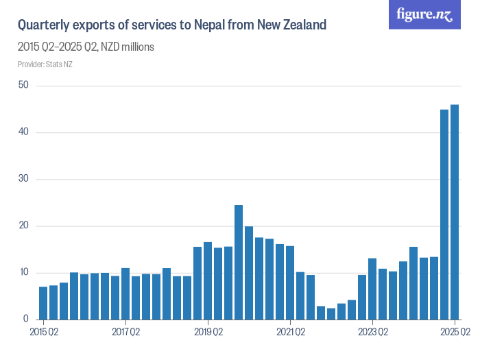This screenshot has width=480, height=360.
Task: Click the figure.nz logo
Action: coord(425,14)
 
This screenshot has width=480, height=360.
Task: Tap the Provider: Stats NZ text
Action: coord(45,64)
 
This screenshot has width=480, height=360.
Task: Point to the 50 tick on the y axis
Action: coord(23,85)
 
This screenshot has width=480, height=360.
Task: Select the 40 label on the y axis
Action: coord(23,132)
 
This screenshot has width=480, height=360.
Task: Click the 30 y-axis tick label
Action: coord(23,179)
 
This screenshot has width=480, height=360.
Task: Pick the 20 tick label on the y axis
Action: coord(23,226)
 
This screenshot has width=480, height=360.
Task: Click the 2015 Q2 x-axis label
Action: coord(43,333)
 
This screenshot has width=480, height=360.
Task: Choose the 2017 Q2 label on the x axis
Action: coord(125,333)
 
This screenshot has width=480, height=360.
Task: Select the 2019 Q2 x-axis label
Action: coord(208,333)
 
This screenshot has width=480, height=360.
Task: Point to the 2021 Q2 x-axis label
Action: coord(290,333)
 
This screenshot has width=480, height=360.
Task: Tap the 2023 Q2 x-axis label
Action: coord(372,333)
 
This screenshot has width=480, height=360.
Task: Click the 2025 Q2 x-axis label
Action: coord(455,333)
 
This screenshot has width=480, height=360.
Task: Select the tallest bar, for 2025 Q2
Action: coord(455,212)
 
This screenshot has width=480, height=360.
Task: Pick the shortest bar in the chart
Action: coord(331,314)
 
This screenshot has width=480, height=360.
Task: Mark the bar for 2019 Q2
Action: coord(208,280)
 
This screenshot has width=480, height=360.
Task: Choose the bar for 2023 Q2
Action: coord(372,289)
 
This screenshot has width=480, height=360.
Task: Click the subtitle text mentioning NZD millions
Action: coord(86,47)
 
